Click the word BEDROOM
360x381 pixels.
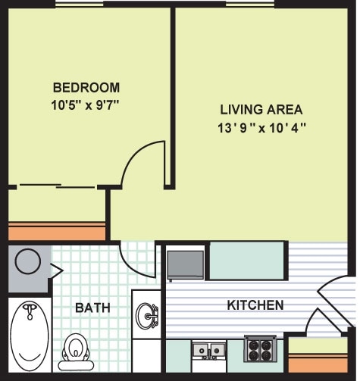coord(86,87)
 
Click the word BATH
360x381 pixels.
coord(92,308)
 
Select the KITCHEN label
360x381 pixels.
coord(255,305)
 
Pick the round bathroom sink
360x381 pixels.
coord(146,312)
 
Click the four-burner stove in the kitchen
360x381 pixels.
coord(258,350)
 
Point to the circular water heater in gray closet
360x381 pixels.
coord(29,262)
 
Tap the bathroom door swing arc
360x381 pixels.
coord(136,261)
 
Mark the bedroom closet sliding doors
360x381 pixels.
coord(57,186)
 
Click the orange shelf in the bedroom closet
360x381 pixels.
coord(57,231)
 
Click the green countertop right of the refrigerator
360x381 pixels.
coord(246,261)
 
